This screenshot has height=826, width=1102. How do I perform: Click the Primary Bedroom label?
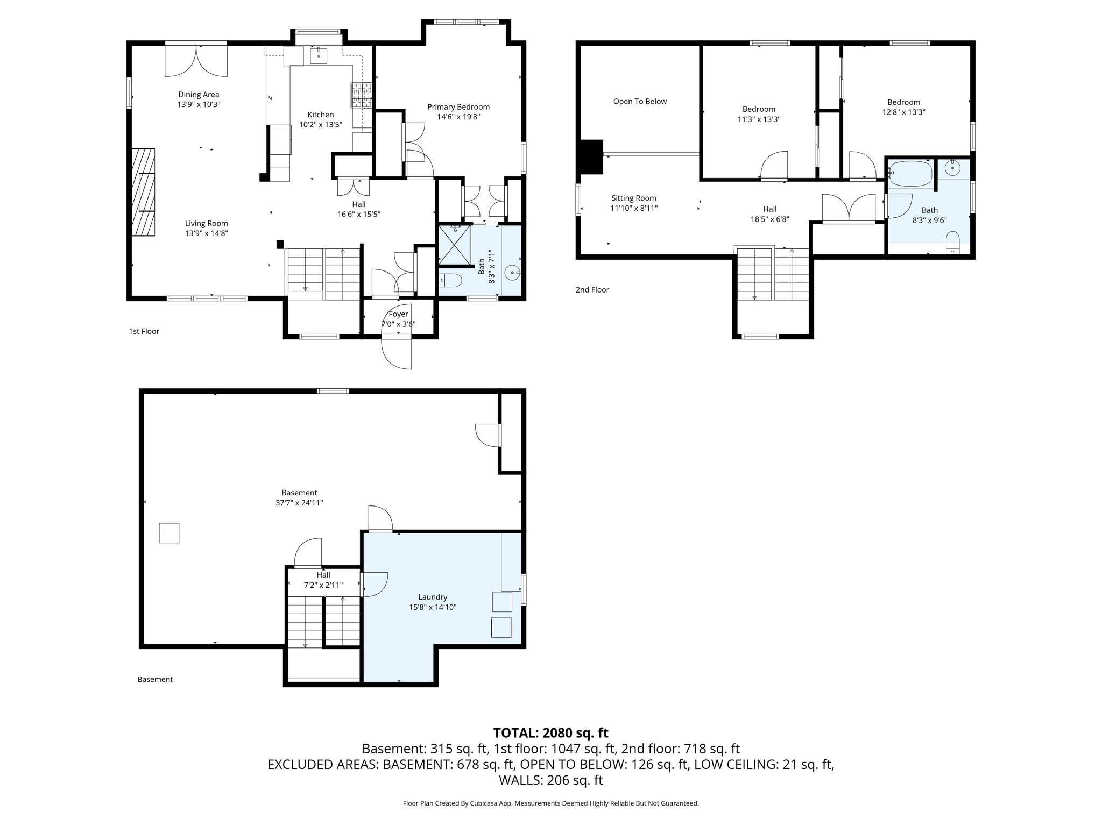[458, 107]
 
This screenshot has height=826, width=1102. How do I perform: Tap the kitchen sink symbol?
[319, 55]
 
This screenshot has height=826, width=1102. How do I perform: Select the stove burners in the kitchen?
[362, 95]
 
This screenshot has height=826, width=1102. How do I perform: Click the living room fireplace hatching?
[143, 192]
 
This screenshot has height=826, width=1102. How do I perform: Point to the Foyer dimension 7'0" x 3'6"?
[399, 324]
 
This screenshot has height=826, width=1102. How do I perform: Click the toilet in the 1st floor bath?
[451, 280]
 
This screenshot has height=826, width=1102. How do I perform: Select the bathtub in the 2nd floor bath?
[910, 173]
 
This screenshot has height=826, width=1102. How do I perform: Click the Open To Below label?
[640, 102]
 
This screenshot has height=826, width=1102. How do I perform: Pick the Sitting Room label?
[634, 198]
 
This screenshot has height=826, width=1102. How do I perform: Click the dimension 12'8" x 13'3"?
[904, 112]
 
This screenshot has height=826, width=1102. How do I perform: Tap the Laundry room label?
[433, 597]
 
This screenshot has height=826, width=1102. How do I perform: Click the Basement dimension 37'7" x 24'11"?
[299, 503]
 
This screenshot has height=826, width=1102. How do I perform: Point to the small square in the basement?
[169, 533]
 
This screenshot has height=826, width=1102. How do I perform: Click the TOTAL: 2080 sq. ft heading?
[551, 732]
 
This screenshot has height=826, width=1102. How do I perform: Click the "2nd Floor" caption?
[592, 290]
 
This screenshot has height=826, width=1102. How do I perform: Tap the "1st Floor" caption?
[144, 331]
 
